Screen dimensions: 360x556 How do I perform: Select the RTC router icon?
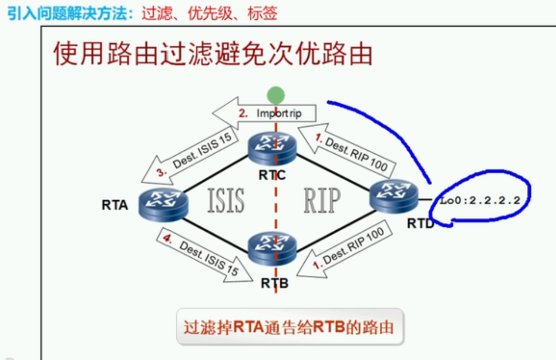(272, 148)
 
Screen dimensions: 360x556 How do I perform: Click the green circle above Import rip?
(275, 95)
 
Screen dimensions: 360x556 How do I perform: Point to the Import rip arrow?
(266, 113)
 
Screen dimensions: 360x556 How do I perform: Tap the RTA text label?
(115, 205)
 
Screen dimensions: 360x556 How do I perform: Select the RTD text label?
(421, 223)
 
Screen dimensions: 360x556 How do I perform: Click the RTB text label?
(274, 283)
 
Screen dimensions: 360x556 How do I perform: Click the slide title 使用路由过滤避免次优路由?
(212, 53)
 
